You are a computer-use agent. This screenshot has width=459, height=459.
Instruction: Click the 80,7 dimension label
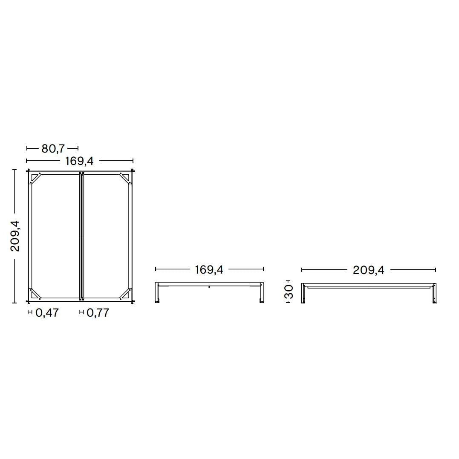tap(53, 149)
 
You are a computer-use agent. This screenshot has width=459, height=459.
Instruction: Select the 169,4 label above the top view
tap(79, 161)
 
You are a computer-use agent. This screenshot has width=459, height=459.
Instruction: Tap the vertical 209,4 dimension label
tap(14, 236)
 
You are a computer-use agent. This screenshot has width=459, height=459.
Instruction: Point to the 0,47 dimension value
tap(47, 313)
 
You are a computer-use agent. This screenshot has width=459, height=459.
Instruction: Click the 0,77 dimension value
tap(98, 313)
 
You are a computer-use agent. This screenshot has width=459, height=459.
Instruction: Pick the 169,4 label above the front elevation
tap(209, 270)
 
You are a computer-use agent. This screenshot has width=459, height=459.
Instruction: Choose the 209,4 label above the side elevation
tap(368, 270)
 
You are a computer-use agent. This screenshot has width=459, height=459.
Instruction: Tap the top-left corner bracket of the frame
tap(35, 178)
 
